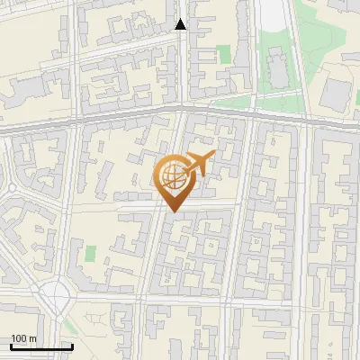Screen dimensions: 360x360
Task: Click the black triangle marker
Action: coord(181,24)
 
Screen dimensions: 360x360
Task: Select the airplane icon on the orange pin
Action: coord(200,163)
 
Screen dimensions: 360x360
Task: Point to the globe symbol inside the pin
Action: coord(175,175)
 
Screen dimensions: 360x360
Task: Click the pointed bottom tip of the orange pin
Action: coord(175,211)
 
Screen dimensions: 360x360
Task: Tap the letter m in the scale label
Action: coord(33,338)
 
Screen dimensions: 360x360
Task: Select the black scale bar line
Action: coord(41,346)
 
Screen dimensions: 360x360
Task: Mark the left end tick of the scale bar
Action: coord(11,346)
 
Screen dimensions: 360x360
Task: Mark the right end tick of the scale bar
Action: coord(72,346)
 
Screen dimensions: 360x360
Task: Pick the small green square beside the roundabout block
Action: coord(90,253)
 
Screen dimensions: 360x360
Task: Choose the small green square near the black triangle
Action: coord(224,55)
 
